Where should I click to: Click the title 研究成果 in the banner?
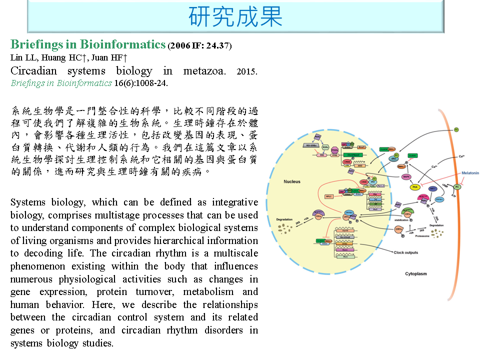tap(235, 16)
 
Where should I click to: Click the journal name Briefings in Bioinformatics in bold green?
tap(88, 44)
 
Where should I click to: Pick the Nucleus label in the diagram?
tap(292, 181)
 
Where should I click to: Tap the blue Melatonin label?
tap(469, 173)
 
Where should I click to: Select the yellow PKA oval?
tap(414, 187)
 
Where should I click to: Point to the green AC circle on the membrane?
tap(456, 186)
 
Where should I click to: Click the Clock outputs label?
tap(405, 252)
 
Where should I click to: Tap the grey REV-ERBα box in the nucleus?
tap(312, 145)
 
